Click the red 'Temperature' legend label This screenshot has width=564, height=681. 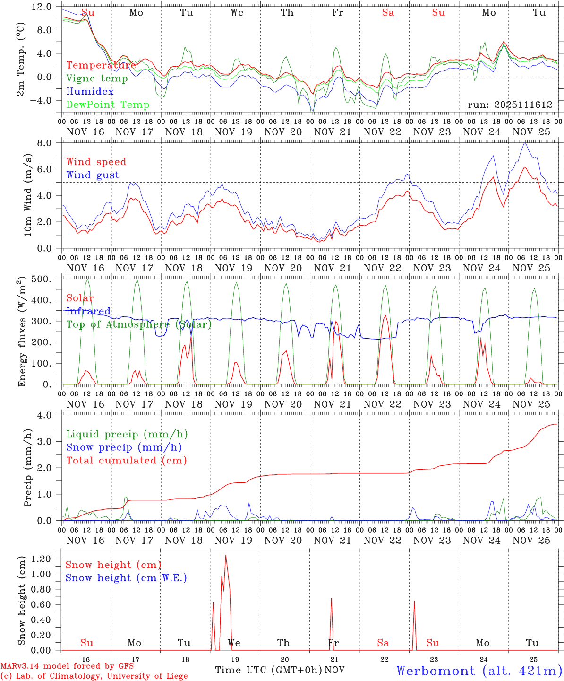click(101, 65)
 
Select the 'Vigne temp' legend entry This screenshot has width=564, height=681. click(97, 79)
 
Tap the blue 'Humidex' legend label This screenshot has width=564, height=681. click(90, 92)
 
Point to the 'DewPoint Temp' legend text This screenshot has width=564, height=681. click(108, 105)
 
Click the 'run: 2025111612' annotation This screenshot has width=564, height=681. click(510, 105)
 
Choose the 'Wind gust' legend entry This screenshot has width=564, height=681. click(93, 175)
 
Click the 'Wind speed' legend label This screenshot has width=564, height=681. click(96, 162)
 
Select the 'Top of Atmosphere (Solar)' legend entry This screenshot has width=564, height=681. click(139, 324)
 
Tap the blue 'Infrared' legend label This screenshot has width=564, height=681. click(89, 311)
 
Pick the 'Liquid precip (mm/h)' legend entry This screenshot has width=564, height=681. click(127, 434)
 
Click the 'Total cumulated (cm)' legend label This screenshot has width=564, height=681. click(127, 460)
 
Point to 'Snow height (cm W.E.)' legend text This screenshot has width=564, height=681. click(126, 578)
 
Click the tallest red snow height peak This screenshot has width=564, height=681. click(226, 556)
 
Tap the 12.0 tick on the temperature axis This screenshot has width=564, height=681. click(43, 7)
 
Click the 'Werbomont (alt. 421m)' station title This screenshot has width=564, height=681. click(479, 671)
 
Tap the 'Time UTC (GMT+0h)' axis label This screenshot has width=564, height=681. click(268, 670)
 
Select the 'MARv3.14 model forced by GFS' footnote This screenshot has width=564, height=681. click(67, 666)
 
